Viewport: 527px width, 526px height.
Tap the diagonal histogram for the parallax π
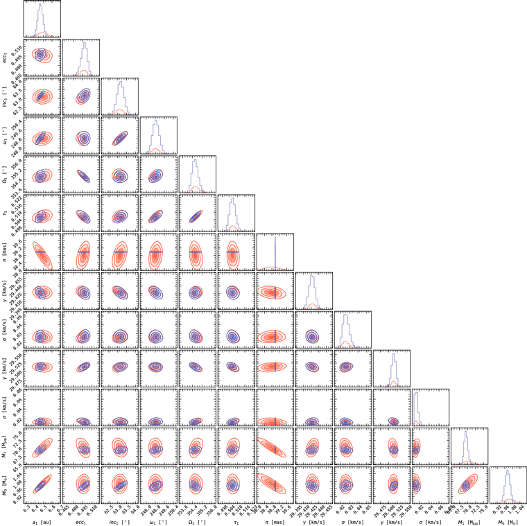[275, 252]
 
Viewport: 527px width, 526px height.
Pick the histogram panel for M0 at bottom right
[508, 484]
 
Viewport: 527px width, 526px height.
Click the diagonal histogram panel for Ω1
[197, 174]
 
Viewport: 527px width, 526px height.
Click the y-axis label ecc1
[5, 58]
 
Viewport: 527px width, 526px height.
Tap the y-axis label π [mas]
[5, 252]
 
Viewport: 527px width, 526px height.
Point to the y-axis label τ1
[5, 213]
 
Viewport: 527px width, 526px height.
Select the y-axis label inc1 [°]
[5, 96]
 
